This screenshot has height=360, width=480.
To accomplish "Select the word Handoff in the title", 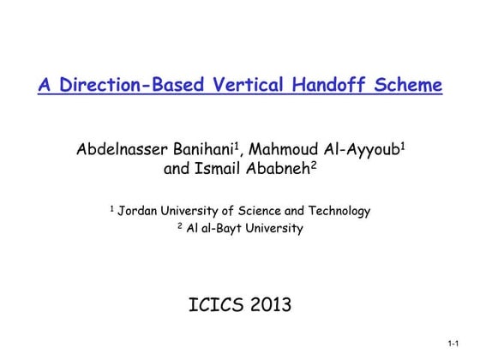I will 333,86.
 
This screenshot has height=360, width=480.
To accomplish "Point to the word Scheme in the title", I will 411,86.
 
